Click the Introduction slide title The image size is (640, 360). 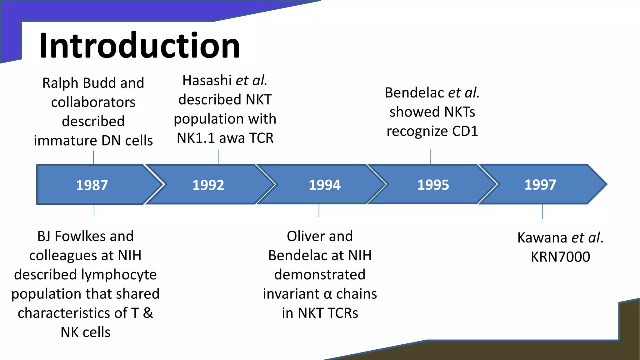point(139,46)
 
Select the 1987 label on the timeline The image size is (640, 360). point(92,185)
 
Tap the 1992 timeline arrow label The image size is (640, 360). point(208,185)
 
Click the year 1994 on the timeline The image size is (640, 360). point(324,185)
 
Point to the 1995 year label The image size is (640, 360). point(433,185)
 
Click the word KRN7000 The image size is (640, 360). point(560,257)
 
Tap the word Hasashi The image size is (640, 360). point(207,81)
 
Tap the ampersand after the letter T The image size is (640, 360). point(148,313)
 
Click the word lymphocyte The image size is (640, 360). point(119,275)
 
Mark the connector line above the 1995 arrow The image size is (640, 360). point(431,157)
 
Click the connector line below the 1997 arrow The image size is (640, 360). point(542,212)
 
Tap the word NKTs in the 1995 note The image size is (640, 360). point(459,112)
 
